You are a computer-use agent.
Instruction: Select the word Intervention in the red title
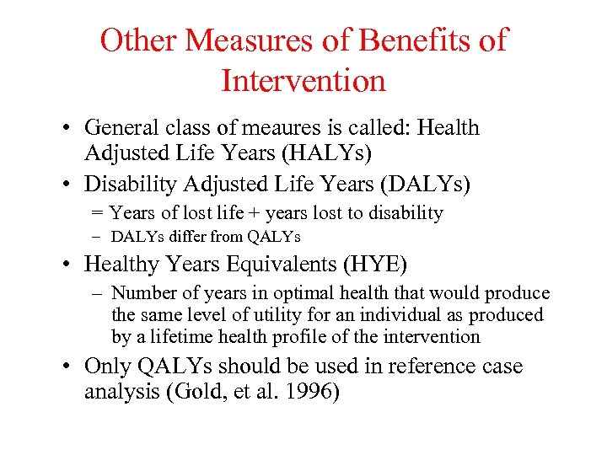[303, 81]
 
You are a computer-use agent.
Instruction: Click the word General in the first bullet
[121, 128]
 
